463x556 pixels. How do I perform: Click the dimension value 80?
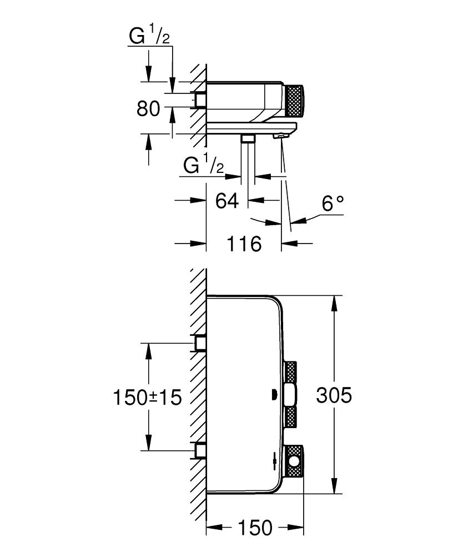(x=148, y=108)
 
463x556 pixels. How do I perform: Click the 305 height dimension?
(x=334, y=395)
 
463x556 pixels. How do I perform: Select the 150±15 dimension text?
(x=147, y=397)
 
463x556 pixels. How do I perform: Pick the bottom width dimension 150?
(x=256, y=527)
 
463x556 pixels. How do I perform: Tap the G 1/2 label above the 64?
(x=203, y=166)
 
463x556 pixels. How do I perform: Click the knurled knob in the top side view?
(x=295, y=101)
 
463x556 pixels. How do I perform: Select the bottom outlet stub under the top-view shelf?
(x=248, y=139)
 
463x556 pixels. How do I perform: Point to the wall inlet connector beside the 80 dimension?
(x=199, y=100)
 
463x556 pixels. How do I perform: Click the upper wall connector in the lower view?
(x=199, y=343)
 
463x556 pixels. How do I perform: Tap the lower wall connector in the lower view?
(x=199, y=450)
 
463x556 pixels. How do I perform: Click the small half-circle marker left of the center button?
(x=274, y=395)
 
